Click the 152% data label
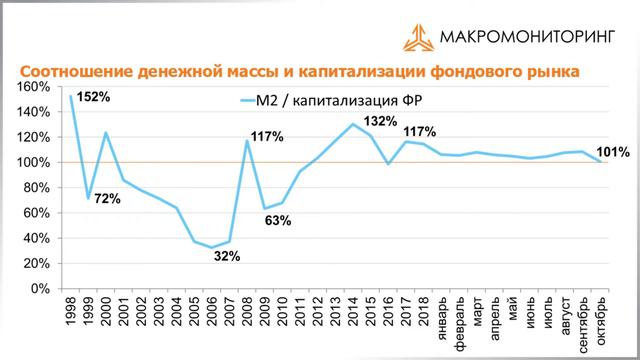tap(93, 98)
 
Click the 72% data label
tap(107, 199)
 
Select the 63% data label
tap(277, 220)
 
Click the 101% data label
tap(612, 153)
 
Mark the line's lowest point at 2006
tap(211, 247)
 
